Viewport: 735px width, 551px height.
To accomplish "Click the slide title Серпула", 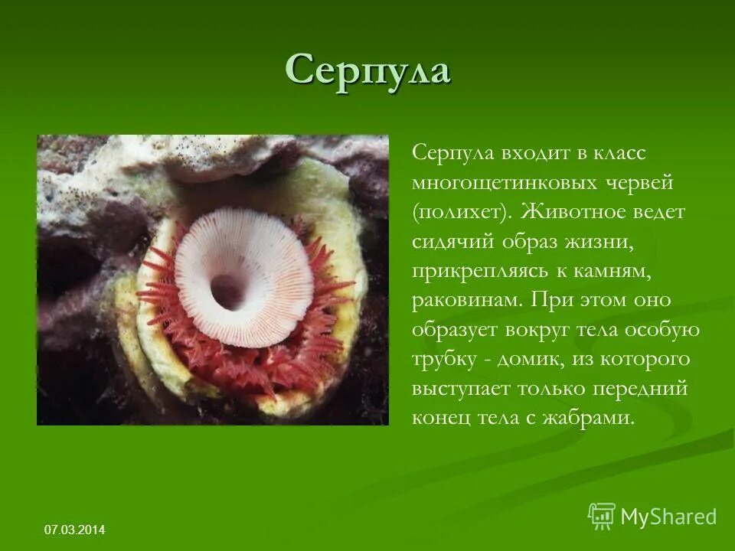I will click(367, 71).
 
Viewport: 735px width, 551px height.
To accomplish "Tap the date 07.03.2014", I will click(75, 530).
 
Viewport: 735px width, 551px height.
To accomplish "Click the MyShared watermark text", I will click(668, 517).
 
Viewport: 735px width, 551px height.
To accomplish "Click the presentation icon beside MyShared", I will click(601, 517).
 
